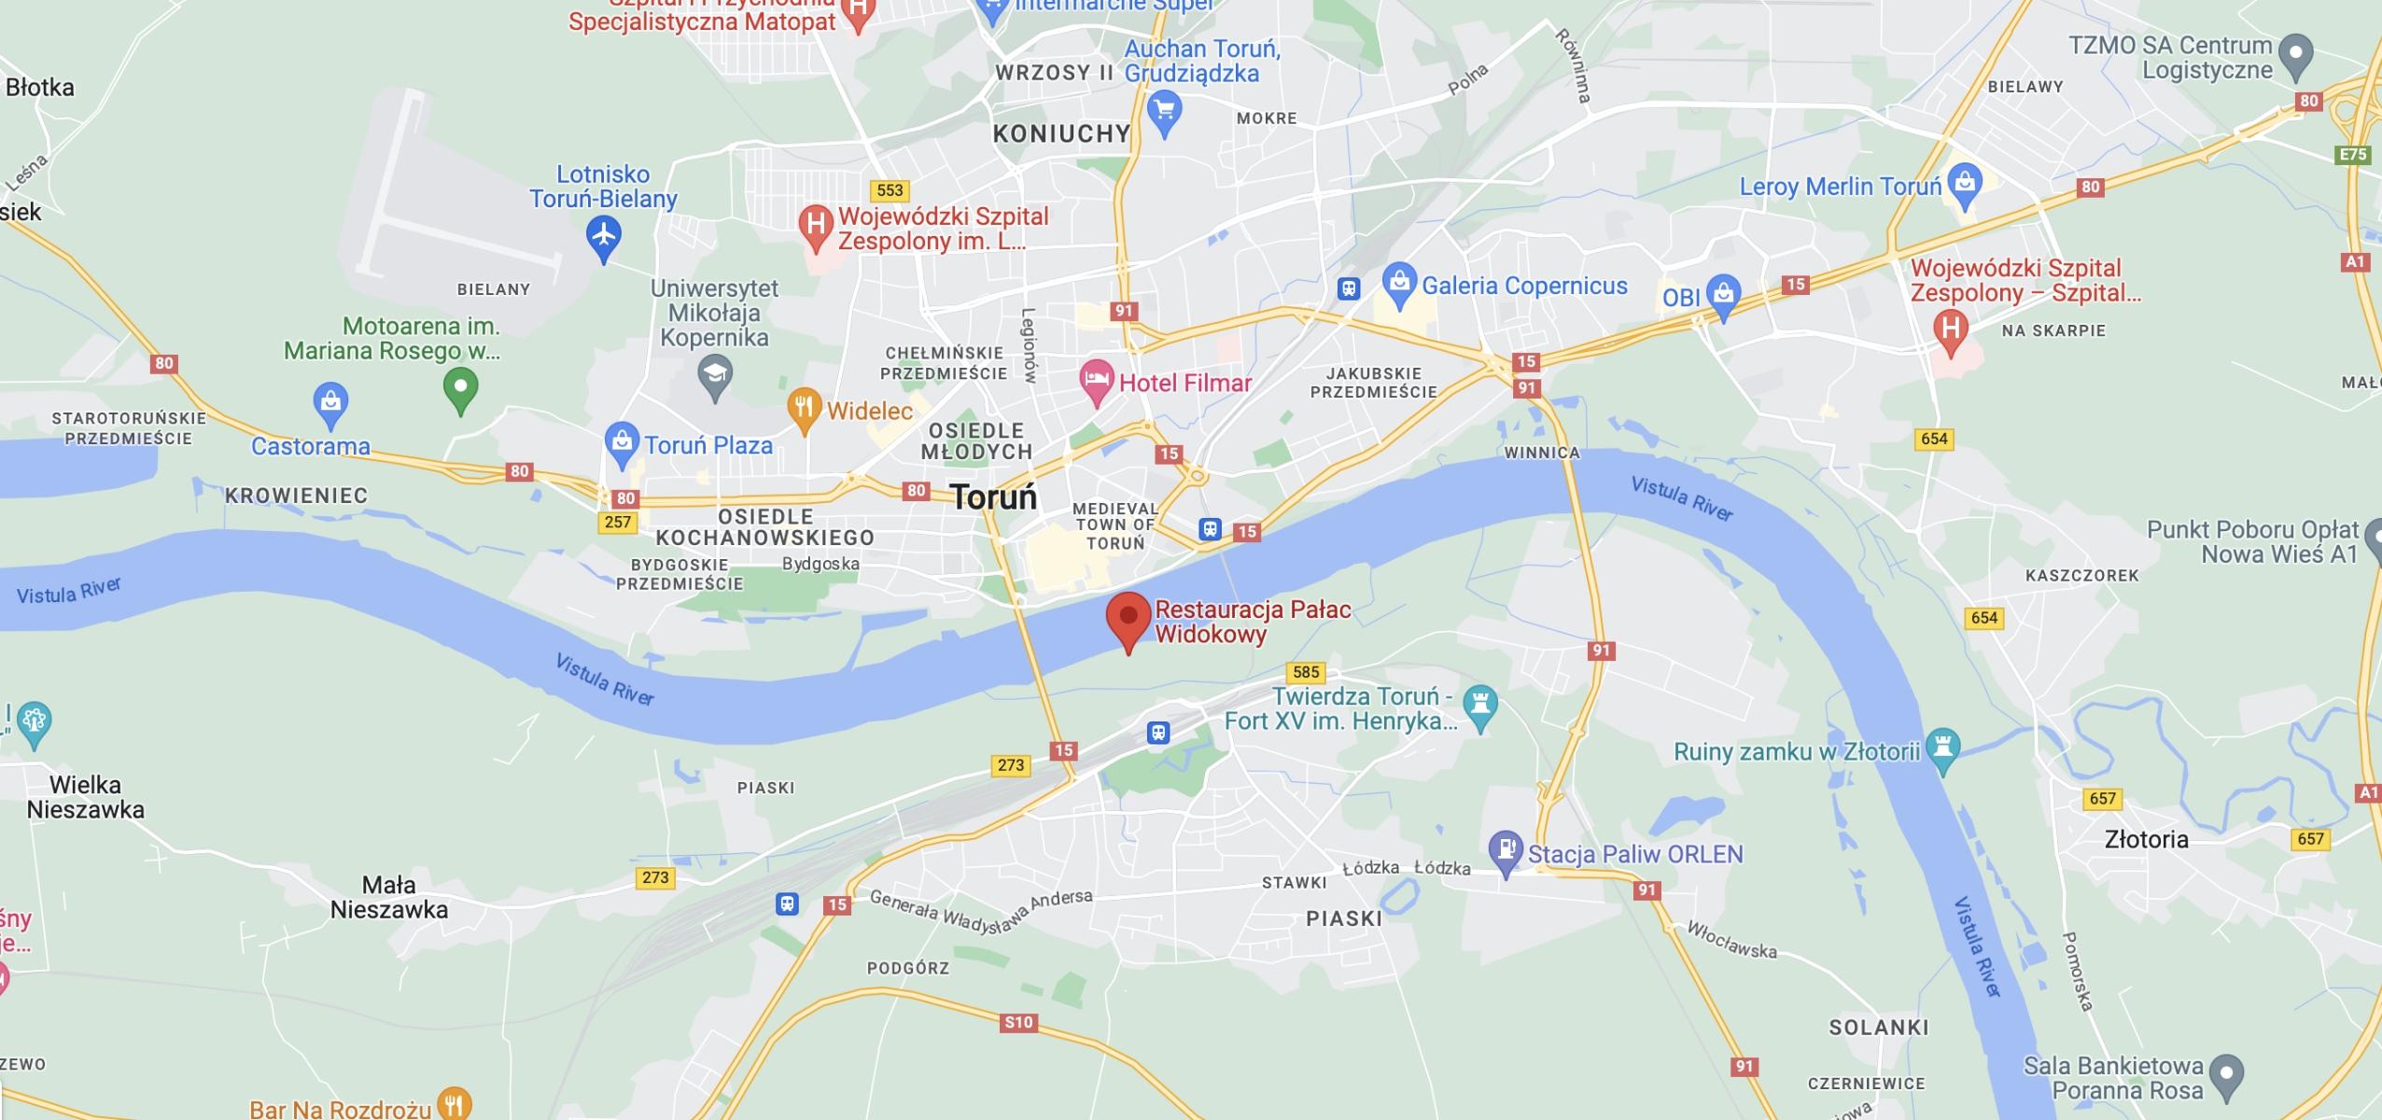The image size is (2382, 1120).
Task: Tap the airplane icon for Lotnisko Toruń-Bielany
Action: [x=604, y=234]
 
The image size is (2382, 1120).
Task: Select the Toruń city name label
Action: [x=993, y=497]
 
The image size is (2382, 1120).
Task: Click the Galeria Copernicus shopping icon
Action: [x=1398, y=282]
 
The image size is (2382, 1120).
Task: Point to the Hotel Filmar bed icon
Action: [x=1097, y=380]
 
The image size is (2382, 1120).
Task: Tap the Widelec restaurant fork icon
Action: [x=804, y=408]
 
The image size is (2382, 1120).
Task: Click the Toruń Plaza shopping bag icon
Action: [x=621, y=441]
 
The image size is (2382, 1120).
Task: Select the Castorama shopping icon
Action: [x=330, y=403]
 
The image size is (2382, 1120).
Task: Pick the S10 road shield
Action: [x=1018, y=1022]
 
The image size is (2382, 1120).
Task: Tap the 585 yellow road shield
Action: [x=1306, y=672]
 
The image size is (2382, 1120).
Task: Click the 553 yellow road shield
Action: [x=890, y=190]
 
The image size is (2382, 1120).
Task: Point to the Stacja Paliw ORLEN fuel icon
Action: [x=1505, y=850]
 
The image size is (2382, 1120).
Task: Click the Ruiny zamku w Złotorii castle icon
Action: [x=1942, y=748]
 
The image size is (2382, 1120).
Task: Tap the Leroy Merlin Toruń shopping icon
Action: [x=1965, y=183]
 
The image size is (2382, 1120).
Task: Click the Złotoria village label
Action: [x=2146, y=839]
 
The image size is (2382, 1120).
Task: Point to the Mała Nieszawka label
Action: [x=389, y=897]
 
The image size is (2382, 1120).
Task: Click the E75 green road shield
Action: [x=2353, y=154]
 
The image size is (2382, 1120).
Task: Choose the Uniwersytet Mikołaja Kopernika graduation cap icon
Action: [x=715, y=376]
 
